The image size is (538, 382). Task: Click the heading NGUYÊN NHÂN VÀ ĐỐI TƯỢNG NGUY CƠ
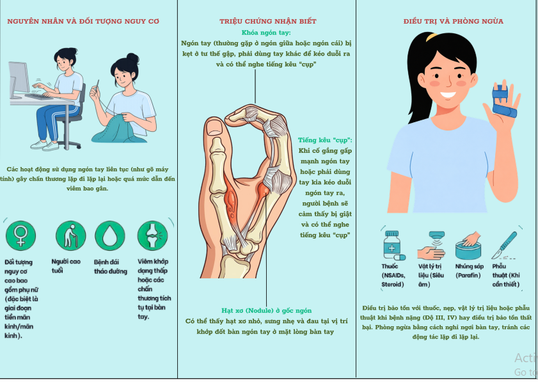click(83, 21)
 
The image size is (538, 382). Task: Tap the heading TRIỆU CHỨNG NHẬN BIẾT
click(268, 21)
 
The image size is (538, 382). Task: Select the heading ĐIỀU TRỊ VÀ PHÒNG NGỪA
click(454, 21)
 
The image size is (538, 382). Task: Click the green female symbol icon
click(21, 235)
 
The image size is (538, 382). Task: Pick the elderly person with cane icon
click(70, 235)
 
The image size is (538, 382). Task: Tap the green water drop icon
click(110, 235)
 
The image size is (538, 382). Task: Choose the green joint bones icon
click(153, 235)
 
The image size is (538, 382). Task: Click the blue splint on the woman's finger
click(503, 102)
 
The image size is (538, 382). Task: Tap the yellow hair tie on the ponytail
click(432, 36)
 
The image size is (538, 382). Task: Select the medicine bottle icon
click(393, 245)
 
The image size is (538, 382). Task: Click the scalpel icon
click(504, 245)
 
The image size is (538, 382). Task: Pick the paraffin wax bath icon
click(468, 246)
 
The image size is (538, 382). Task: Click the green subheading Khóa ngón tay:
click(266, 33)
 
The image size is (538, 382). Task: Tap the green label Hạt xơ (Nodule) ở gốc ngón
click(266, 310)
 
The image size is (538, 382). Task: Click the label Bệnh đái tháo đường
click(111, 267)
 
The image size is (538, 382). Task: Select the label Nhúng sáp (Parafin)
click(469, 271)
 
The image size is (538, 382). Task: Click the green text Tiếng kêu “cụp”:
click(325, 140)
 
